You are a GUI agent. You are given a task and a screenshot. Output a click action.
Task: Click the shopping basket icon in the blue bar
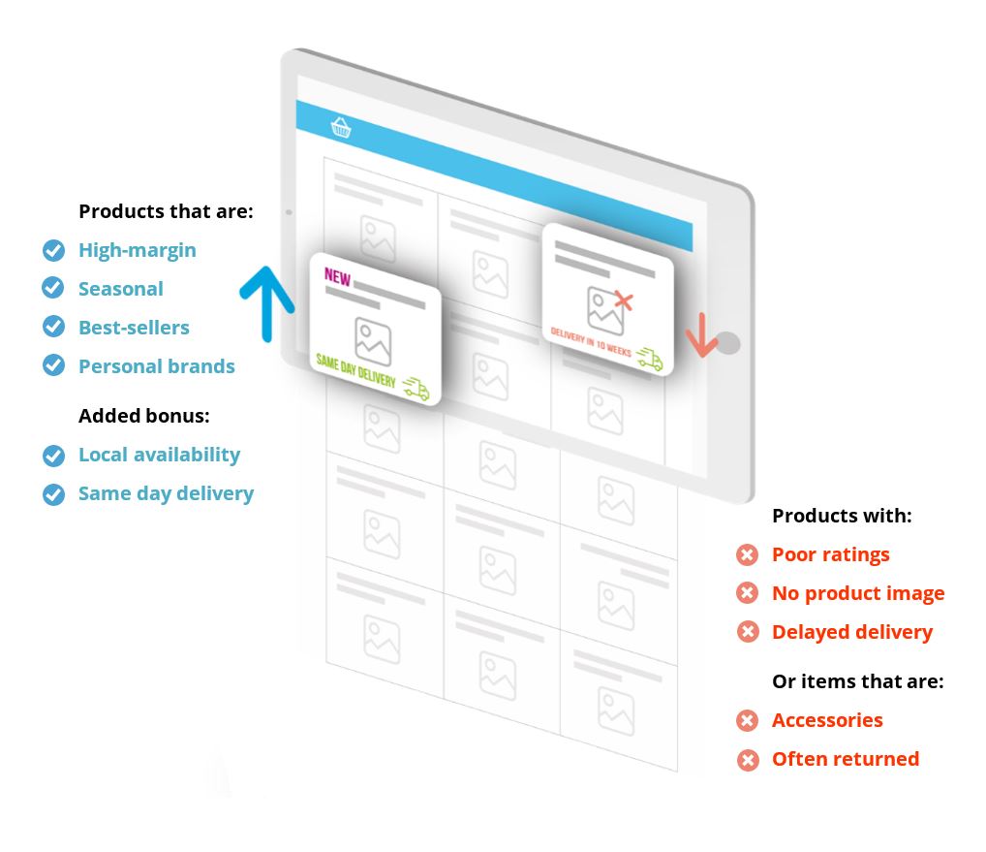pyautogui.click(x=341, y=127)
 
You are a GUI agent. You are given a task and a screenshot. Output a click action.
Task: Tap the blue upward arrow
pyautogui.click(x=267, y=303)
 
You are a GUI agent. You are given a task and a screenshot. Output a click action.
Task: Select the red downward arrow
pyautogui.click(x=702, y=335)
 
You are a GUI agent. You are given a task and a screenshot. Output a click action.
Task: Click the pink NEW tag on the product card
pyautogui.click(x=337, y=277)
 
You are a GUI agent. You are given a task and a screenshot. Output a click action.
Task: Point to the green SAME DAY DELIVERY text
pyautogui.click(x=355, y=370)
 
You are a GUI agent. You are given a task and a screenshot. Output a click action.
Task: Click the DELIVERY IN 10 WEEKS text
pyautogui.click(x=591, y=341)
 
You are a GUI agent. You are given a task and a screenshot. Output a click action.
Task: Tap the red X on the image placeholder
pyautogui.click(x=623, y=300)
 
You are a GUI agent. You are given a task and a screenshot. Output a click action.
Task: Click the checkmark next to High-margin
pyautogui.click(x=53, y=250)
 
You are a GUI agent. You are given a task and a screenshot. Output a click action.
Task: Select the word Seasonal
pyautogui.click(x=121, y=289)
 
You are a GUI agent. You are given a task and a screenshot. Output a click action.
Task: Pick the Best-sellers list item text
pyautogui.click(x=134, y=328)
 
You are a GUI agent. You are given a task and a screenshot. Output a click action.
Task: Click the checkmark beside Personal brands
pyautogui.click(x=53, y=365)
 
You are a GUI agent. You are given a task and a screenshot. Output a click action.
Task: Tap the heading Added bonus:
pyautogui.click(x=144, y=415)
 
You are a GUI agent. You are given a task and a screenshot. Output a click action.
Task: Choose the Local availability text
pyautogui.click(x=159, y=455)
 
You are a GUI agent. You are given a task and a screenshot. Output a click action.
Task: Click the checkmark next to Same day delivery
pyautogui.click(x=53, y=494)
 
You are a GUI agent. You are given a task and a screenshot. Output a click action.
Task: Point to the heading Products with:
pyautogui.click(x=842, y=516)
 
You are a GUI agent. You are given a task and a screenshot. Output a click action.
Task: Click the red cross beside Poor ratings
pyautogui.click(x=747, y=555)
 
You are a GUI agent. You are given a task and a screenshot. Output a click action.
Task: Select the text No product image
pyautogui.click(x=858, y=593)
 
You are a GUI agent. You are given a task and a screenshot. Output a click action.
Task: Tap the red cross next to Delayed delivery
pyautogui.click(x=747, y=632)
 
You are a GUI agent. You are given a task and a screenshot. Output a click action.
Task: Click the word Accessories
pyautogui.click(x=827, y=720)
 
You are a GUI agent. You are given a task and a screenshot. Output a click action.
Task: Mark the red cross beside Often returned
pyautogui.click(x=747, y=760)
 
